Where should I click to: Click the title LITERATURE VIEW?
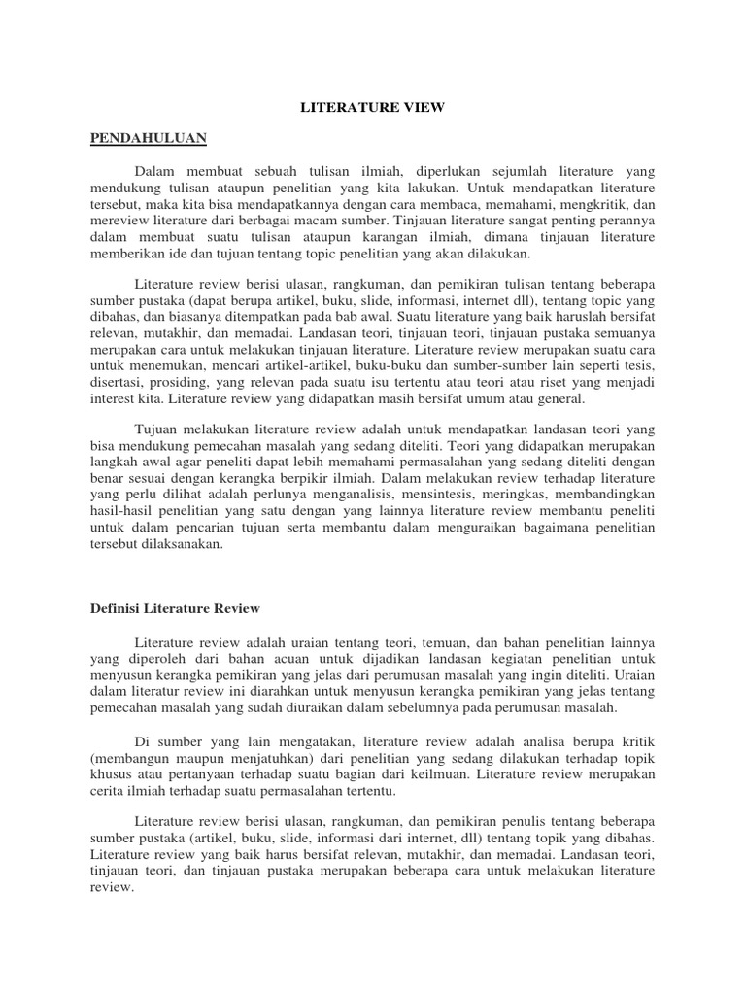coord(372,108)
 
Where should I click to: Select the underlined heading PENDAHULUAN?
coord(149,138)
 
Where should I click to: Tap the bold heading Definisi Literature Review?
coord(175,607)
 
